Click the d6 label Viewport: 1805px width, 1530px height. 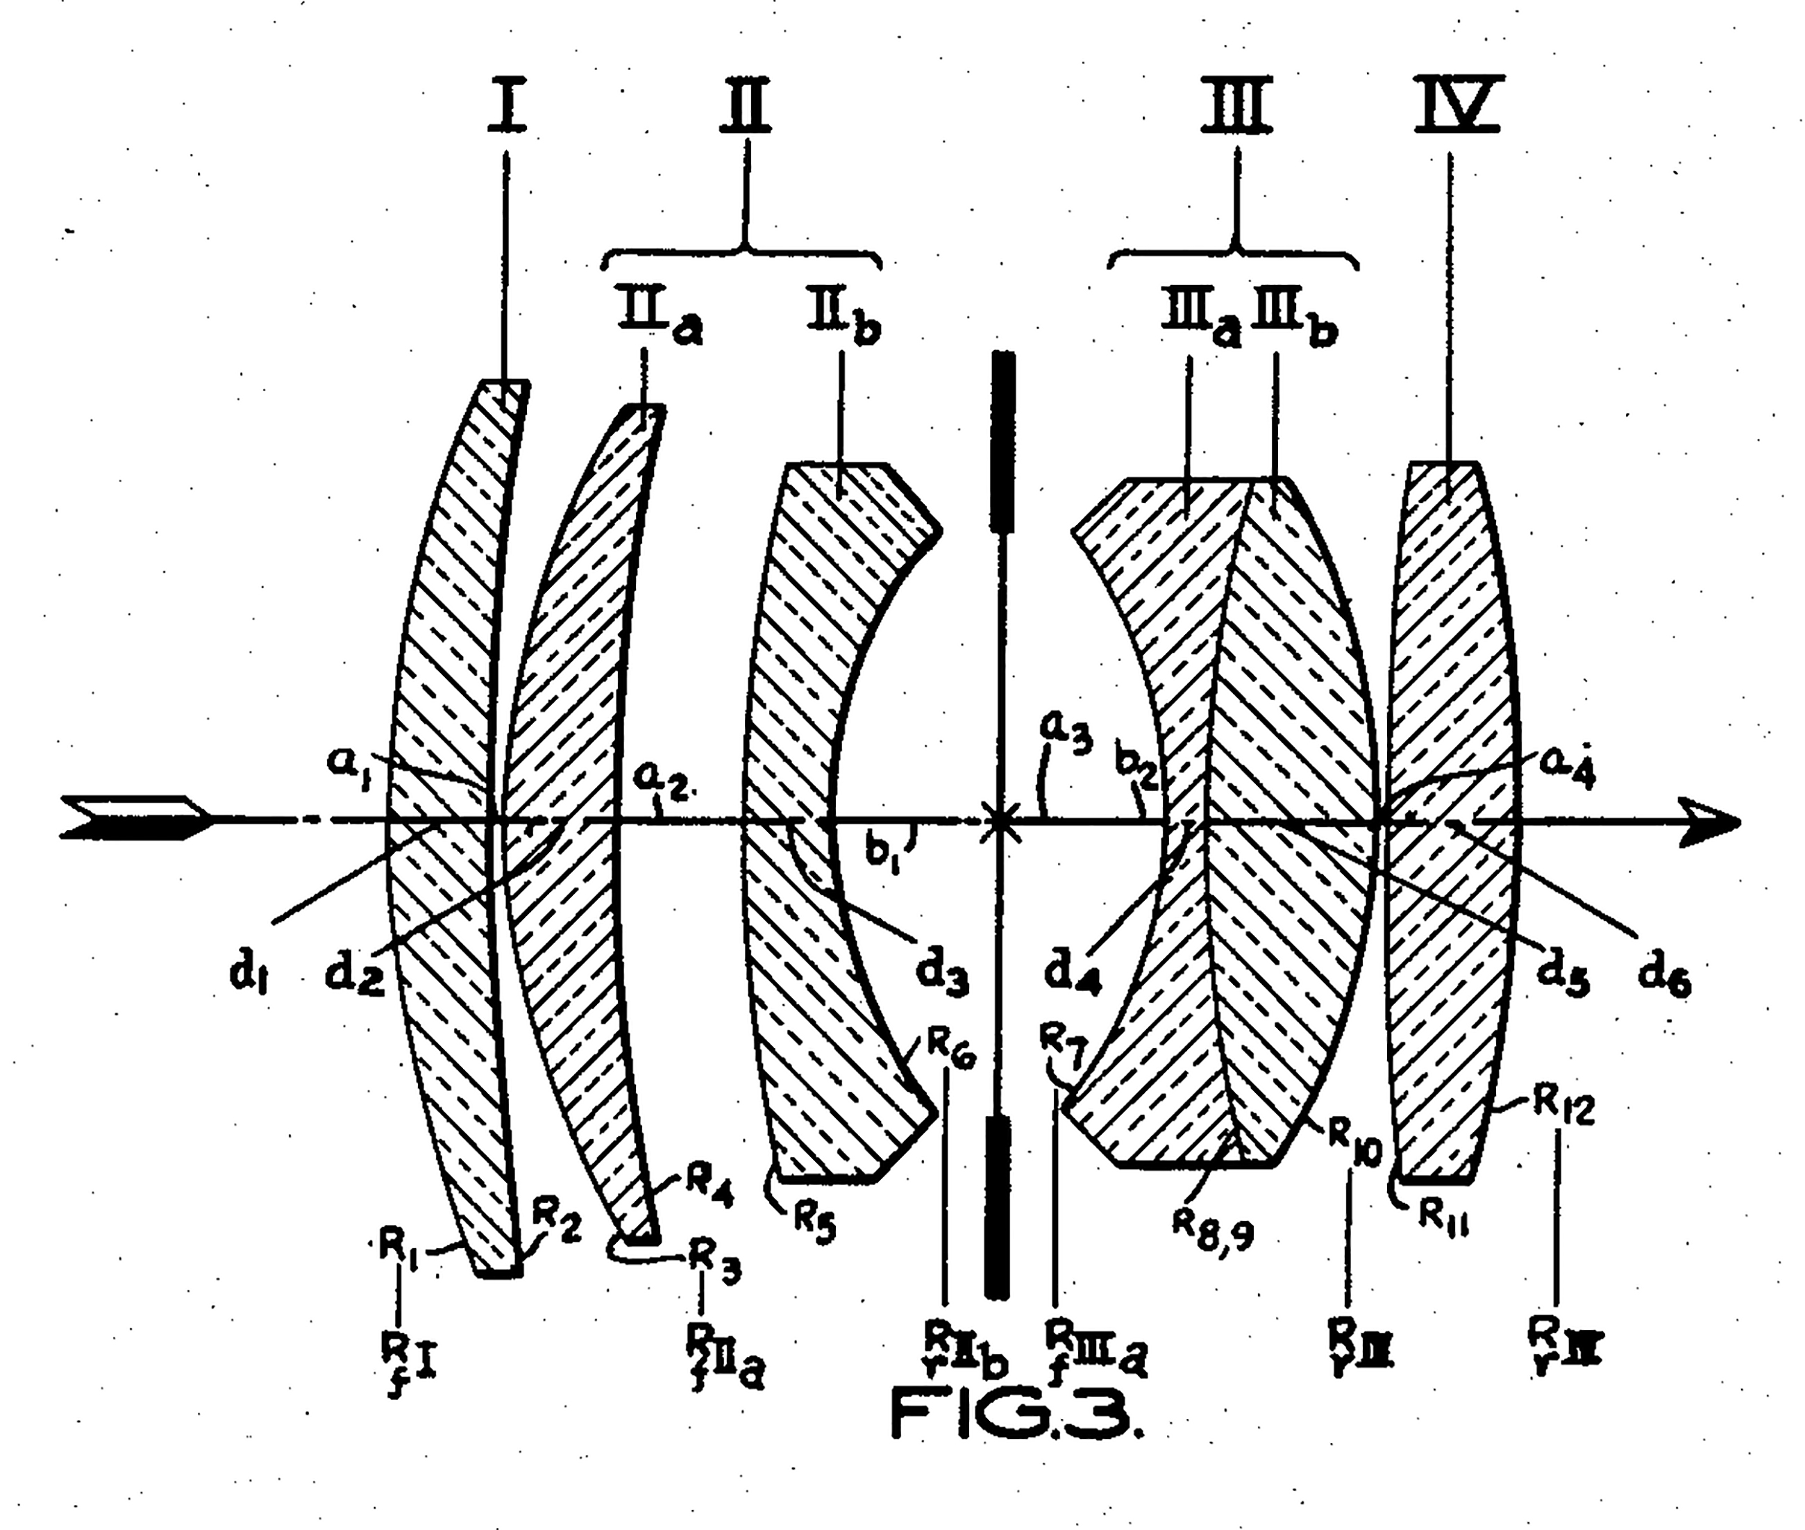click(1663, 976)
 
